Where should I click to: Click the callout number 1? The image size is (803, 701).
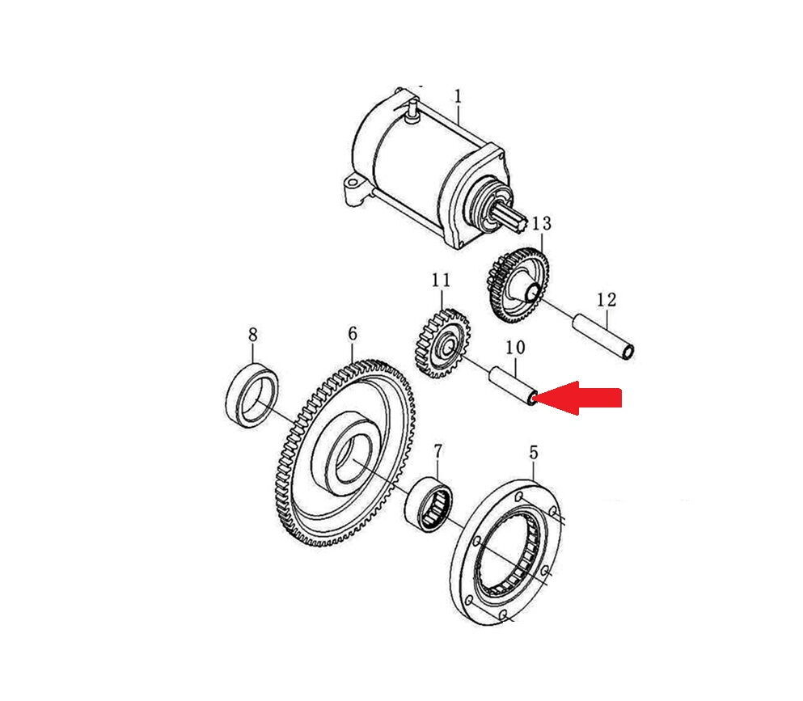click(458, 97)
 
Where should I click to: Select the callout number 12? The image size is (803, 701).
click(606, 299)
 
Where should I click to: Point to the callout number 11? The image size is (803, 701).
click(441, 280)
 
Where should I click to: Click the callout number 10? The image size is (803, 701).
click(515, 348)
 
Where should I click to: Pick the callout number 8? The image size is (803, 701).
click(252, 335)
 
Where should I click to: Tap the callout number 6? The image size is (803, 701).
click(353, 334)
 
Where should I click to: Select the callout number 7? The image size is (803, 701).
click(437, 451)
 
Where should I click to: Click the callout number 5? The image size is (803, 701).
click(534, 453)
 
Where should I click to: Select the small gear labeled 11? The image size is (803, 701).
click(442, 343)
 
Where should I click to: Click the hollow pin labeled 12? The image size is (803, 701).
click(603, 336)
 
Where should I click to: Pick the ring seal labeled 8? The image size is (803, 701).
click(253, 395)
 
